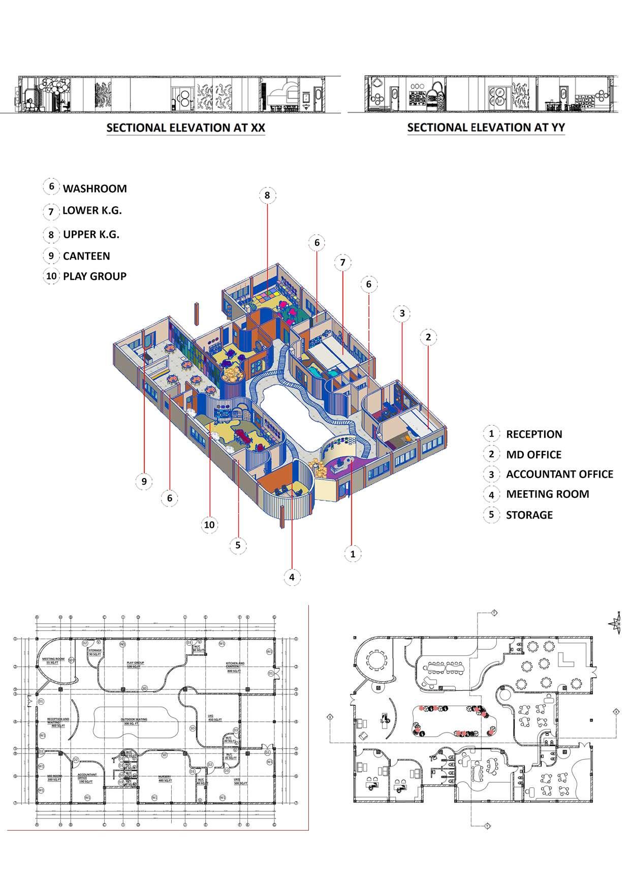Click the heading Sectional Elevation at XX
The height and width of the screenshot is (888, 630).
[185, 128]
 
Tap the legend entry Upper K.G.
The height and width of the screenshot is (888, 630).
[91, 234]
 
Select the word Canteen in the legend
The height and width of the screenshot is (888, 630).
[86, 256]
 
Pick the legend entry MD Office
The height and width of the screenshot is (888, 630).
[533, 455]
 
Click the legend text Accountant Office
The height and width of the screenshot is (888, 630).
[559, 474]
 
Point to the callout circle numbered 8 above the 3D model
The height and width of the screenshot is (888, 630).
[267, 195]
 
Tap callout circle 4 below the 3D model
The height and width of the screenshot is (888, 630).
[292, 577]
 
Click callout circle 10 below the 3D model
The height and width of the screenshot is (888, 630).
[209, 525]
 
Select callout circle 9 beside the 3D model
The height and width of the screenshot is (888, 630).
[144, 481]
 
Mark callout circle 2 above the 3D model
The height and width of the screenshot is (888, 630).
[428, 337]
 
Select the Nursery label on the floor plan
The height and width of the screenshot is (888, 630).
[164, 778]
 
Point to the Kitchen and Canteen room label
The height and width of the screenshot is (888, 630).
[235, 665]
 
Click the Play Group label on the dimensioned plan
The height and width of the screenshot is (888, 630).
[136, 663]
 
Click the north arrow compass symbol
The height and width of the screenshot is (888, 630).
[617, 623]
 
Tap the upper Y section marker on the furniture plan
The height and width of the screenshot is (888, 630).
[493, 613]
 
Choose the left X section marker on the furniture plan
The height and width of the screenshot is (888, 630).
[330, 717]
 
